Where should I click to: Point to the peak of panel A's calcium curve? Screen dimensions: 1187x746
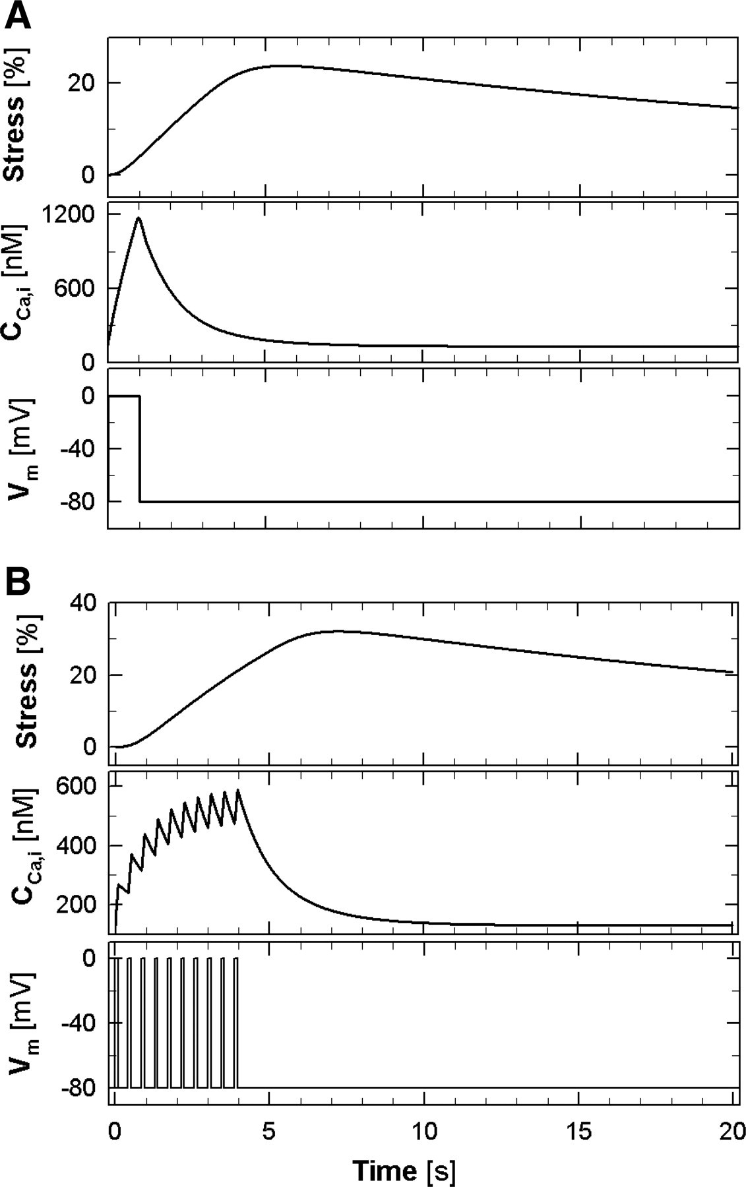[x=139, y=218]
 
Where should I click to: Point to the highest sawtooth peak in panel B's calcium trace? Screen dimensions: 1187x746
[x=238, y=790]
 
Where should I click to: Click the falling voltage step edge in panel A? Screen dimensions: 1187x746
[x=140, y=448]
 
